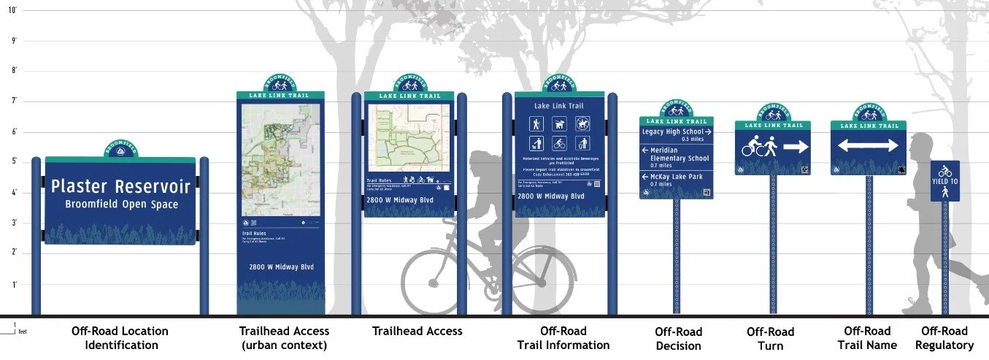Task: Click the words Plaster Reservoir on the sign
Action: coord(120,186)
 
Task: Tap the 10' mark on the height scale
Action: coord(12,10)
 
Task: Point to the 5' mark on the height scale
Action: coord(12,161)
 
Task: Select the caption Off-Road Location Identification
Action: coord(120,338)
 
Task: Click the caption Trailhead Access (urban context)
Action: coord(284,338)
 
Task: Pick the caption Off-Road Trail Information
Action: coord(563,338)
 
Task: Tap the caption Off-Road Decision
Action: coord(678,339)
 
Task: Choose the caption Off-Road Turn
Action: coord(770,339)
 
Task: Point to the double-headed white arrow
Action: coord(867,146)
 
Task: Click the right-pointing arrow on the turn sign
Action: coord(796,147)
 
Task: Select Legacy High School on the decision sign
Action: coord(673,131)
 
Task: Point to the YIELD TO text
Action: coord(944,181)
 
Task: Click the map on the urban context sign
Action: coord(280,160)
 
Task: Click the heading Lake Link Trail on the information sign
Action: coord(560,107)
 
